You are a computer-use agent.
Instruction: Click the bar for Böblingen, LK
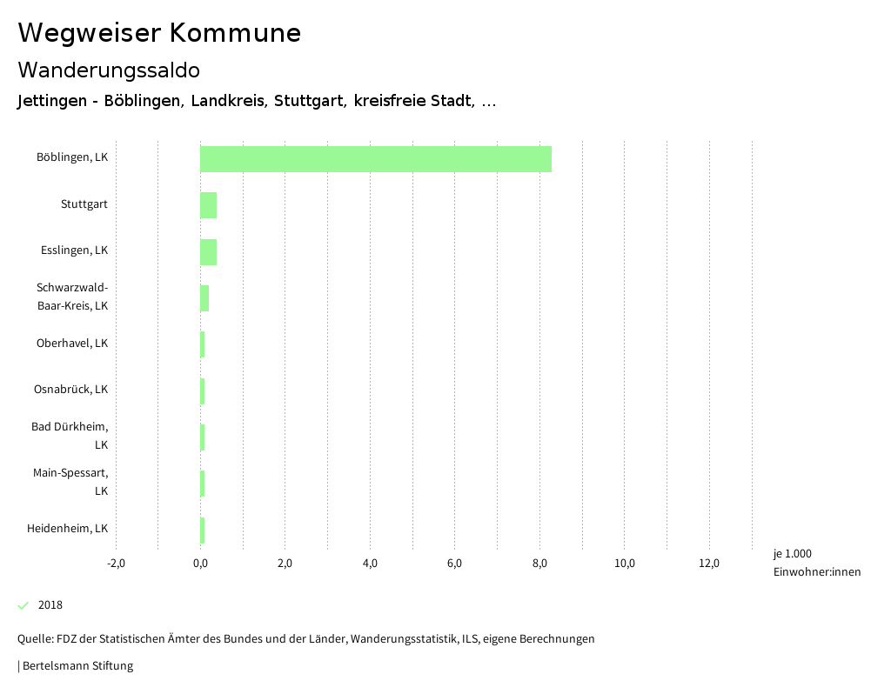point(376,159)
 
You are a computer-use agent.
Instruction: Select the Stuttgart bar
point(208,205)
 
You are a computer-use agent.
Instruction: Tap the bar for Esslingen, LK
point(208,252)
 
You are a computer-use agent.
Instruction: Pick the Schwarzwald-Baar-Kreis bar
point(204,298)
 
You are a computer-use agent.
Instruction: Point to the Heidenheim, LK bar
point(203,530)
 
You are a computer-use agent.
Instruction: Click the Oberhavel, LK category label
point(72,344)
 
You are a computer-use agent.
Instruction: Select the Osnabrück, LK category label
point(70,390)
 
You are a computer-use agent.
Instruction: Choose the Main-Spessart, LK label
point(70,482)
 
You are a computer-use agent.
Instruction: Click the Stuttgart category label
point(84,204)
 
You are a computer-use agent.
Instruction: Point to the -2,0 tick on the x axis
point(116,564)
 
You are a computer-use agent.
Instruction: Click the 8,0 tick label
point(539,564)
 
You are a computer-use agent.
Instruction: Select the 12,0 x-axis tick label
point(709,564)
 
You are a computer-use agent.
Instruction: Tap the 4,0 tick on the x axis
point(370,564)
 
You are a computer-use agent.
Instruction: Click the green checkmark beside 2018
point(23,605)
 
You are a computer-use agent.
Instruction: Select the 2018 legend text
point(50,605)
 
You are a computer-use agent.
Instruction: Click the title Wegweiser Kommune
point(159,33)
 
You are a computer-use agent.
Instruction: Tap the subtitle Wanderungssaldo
point(109,70)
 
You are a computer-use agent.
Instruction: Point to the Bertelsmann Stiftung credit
point(77,666)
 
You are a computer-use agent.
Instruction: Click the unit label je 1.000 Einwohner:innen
point(816,563)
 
